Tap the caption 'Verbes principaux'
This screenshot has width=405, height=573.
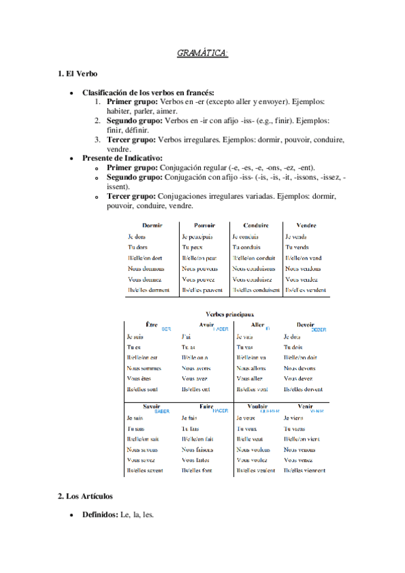[x=229, y=314]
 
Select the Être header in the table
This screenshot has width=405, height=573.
[x=152, y=325]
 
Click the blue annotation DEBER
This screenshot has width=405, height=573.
[x=318, y=330]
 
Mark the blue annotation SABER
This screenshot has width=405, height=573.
[x=162, y=411]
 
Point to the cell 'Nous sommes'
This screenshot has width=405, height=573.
[x=143, y=368]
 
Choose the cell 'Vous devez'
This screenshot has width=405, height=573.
[x=298, y=378]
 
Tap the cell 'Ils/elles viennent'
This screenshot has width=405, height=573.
[x=305, y=470]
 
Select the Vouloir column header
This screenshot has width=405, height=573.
[x=258, y=406]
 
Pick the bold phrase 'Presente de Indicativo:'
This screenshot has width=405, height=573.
[x=122, y=158]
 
